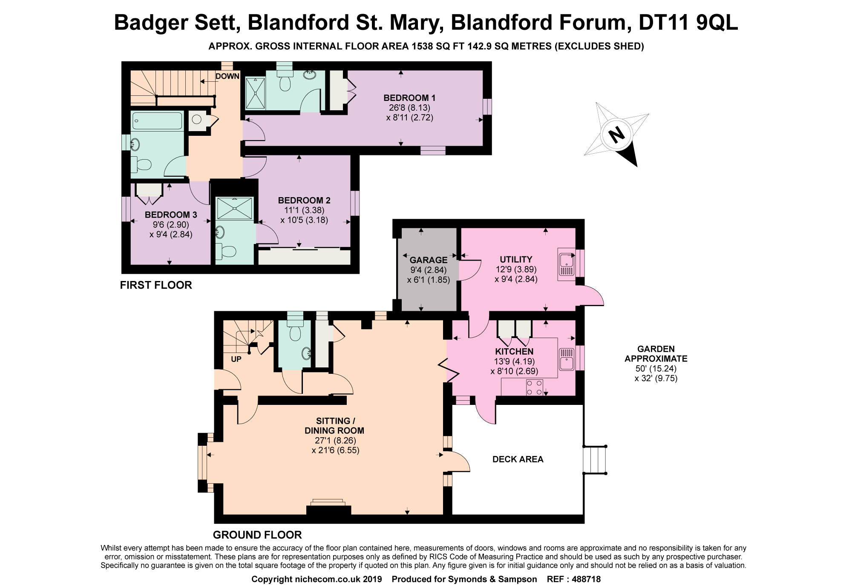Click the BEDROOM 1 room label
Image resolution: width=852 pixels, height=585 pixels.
click(409, 98)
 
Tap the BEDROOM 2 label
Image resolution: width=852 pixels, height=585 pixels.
click(304, 201)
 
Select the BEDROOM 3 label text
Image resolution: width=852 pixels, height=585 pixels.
click(171, 215)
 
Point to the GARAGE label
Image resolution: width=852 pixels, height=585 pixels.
click(429, 260)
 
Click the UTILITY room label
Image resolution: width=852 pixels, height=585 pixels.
click(516, 259)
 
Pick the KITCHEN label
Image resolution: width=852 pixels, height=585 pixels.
click(514, 352)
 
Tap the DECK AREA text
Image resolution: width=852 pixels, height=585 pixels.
click(518, 459)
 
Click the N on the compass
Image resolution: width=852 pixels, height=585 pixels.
click(616, 135)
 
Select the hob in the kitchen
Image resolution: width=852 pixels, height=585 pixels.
click(535, 387)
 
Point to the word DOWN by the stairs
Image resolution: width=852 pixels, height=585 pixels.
click(227, 77)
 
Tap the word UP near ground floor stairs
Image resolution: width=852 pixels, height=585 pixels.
click(236, 359)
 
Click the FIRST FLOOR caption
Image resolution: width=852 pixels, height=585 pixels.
click(156, 285)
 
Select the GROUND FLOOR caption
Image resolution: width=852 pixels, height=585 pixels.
click(257, 535)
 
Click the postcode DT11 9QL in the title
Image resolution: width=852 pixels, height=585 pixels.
click(688, 23)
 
